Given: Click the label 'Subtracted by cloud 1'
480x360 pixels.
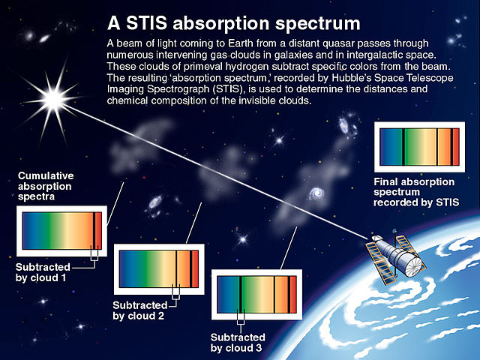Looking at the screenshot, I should (43, 272).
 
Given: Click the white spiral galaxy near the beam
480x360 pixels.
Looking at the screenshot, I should (319, 193).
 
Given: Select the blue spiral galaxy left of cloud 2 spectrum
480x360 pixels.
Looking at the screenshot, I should (155, 202).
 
